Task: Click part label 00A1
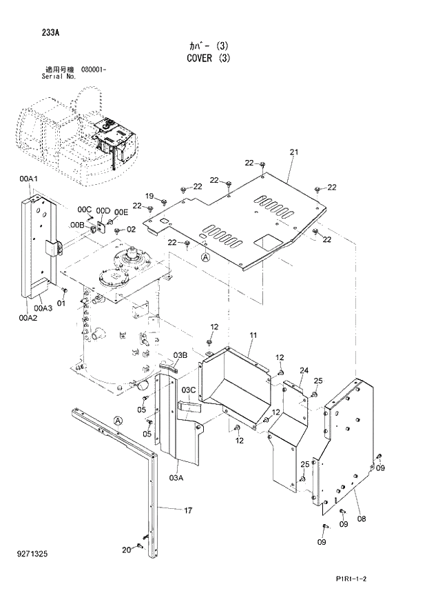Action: click(28, 179)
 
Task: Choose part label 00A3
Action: click(43, 308)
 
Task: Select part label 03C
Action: click(189, 390)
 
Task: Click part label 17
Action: click(187, 510)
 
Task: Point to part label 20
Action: click(125, 550)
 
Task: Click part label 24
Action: click(304, 370)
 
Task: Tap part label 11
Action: click(253, 335)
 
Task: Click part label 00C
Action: click(84, 209)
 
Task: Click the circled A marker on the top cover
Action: click(205, 257)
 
